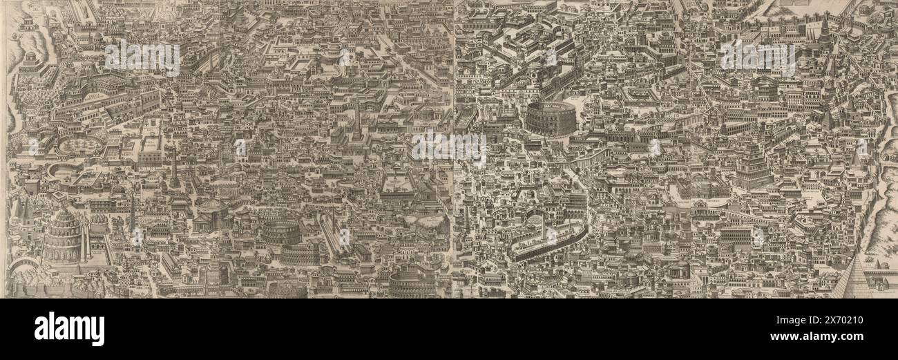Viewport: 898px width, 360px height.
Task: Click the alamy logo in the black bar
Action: pyautogui.click(x=69, y=329)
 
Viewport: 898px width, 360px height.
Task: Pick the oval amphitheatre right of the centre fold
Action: pyautogui.click(x=550, y=118)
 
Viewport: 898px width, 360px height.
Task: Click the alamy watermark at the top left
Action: pyautogui.click(x=142, y=57)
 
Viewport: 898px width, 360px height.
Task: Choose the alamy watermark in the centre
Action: pyautogui.click(x=449, y=144)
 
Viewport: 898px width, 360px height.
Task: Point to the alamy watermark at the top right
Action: pyautogui.click(x=758, y=57)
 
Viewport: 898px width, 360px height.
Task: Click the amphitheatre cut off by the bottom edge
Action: pyautogui.click(x=412, y=283)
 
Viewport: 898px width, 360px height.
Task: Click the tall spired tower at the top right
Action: pyautogui.click(x=823, y=31)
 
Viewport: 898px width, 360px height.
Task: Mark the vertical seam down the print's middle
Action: pyautogui.click(x=453, y=149)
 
